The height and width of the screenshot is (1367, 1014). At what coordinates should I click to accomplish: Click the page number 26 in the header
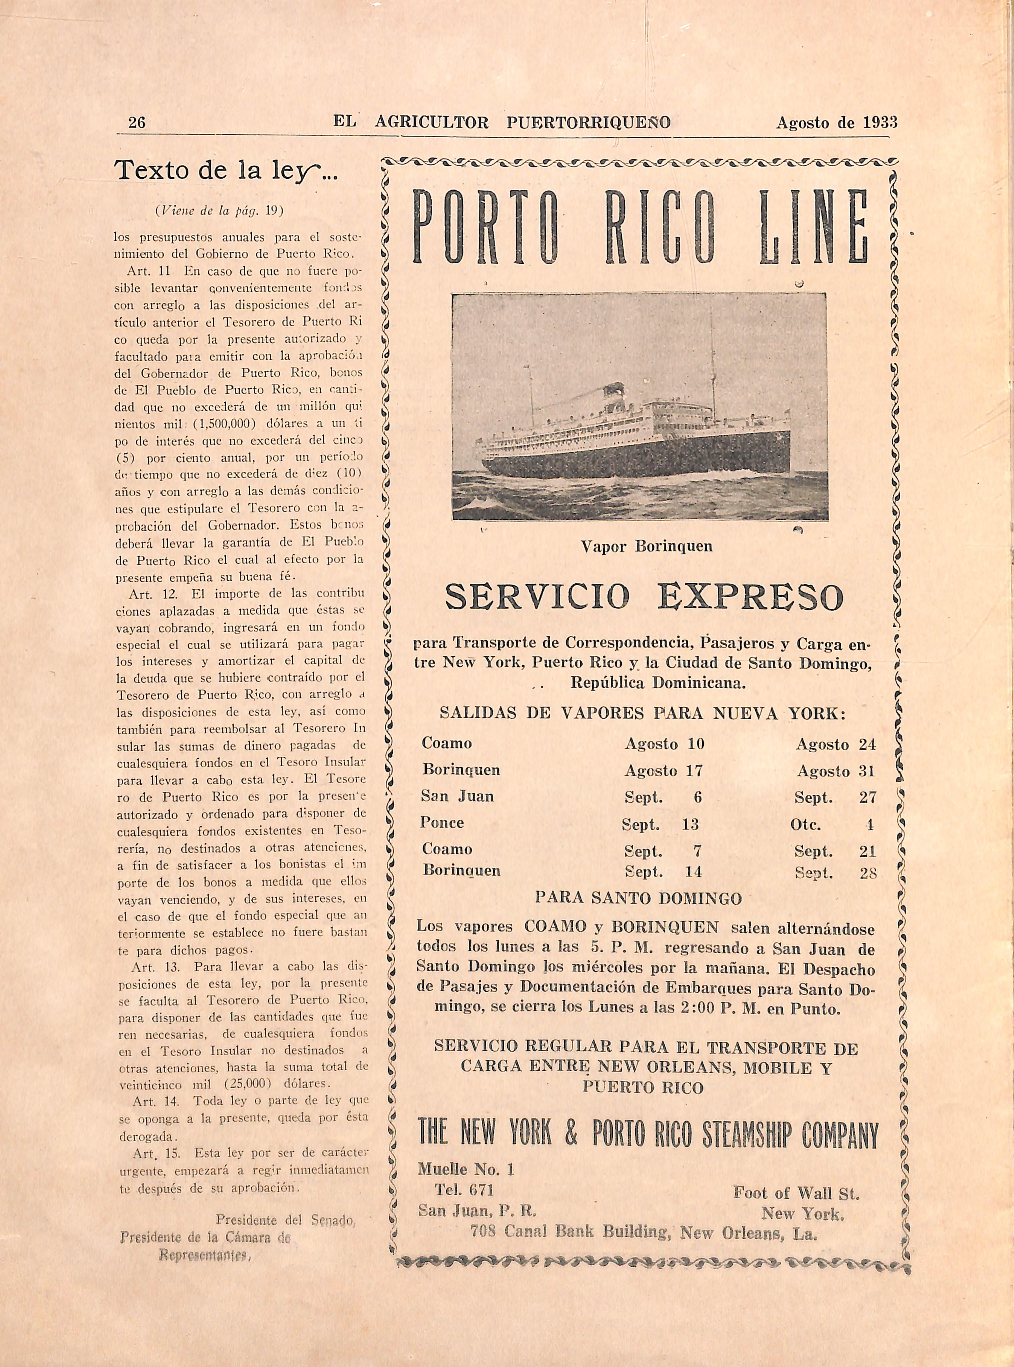(136, 122)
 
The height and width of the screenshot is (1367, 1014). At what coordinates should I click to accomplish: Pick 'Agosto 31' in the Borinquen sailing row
(836, 771)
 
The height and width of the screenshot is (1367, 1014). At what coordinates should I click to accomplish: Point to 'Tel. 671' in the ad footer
(464, 1190)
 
